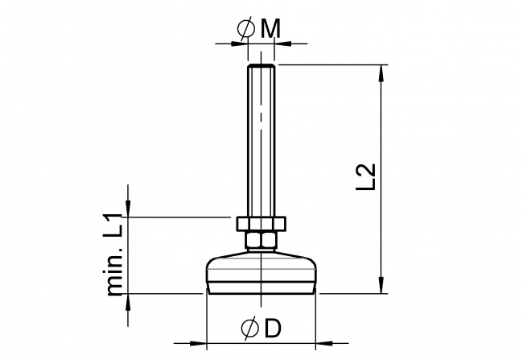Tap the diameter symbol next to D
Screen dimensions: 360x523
click(249, 329)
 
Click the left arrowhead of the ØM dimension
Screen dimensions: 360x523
click(241, 42)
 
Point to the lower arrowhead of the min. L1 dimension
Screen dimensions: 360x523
click(127, 302)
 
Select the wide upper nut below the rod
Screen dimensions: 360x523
click(261, 222)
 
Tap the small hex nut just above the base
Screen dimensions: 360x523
click(261, 240)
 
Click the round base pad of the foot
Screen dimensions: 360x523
click(261, 274)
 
